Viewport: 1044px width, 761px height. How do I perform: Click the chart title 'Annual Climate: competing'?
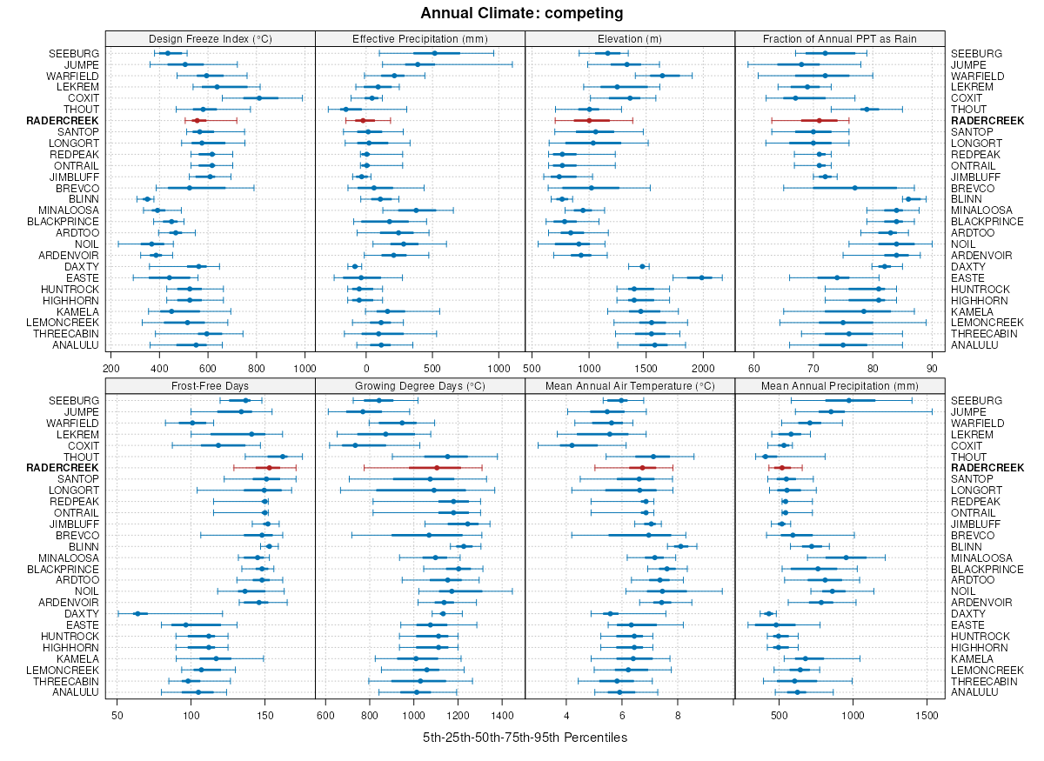[521, 13]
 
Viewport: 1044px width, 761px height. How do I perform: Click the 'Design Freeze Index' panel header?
[210, 38]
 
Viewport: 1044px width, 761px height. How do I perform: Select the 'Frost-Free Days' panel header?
[210, 386]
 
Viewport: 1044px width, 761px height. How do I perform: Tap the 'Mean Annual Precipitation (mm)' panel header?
[840, 386]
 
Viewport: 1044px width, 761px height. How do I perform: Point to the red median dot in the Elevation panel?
[589, 121]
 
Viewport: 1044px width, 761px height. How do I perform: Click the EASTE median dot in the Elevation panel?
[701, 277]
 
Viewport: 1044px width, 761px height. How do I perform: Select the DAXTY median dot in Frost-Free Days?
[137, 613]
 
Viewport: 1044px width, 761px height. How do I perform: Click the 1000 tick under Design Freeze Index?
[304, 366]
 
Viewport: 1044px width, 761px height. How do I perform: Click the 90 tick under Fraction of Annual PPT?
[932, 366]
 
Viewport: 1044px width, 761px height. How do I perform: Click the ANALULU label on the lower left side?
[76, 692]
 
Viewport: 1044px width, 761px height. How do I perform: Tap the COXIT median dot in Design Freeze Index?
[258, 98]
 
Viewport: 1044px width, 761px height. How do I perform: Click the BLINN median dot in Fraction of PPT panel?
[908, 199]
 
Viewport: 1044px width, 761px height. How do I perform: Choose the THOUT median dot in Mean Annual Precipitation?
[766, 457]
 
